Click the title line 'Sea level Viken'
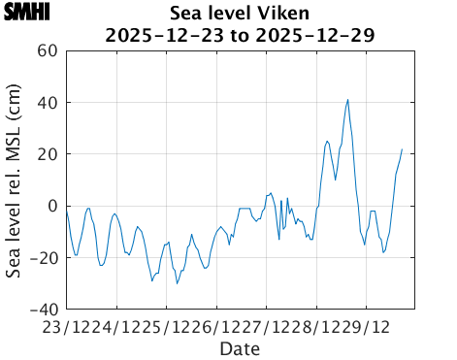coord(239,14)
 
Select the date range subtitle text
coord(239,35)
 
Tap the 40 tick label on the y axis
coord(48,103)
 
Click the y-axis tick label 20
coord(48,154)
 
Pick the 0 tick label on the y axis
coord(52,206)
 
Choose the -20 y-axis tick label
coord(44,257)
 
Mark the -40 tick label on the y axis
coord(44,309)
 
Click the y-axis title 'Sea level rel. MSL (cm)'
coord(16,180)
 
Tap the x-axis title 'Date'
coord(239,347)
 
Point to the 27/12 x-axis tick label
coord(270,326)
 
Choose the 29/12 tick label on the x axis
coord(371,326)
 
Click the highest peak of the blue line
coord(347,99)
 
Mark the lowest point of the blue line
coord(177,282)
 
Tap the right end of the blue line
coord(402,149)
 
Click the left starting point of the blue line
coord(66,210)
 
